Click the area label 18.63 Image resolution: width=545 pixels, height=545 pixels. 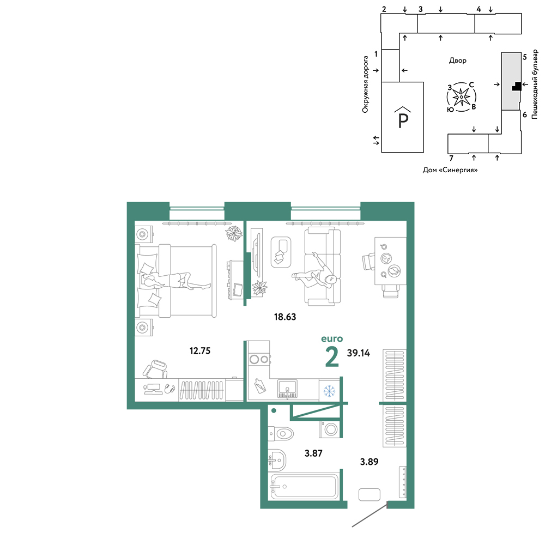(x=285, y=317)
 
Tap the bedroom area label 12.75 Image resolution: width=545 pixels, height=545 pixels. (x=200, y=350)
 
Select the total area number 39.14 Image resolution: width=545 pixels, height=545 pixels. (x=359, y=353)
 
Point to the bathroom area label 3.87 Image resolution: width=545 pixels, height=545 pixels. (x=313, y=453)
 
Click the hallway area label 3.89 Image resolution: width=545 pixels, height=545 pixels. (x=369, y=462)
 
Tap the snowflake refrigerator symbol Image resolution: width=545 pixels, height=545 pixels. (x=329, y=391)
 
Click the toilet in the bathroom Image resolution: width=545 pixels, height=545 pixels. (x=281, y=434)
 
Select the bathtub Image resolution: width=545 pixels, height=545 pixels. (x=304, y=486)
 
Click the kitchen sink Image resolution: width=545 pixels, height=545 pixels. (x=287, y=389)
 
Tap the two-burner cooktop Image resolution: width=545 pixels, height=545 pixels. (x=259, y=359)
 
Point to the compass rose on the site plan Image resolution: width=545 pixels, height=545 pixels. (x=461, y=98)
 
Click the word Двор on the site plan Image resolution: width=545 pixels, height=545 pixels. (x=458, y=60)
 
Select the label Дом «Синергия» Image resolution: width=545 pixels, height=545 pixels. (x=450, y=170)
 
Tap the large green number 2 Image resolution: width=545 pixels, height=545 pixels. (x=332, y=357)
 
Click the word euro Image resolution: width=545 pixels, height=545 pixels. (x=332, y=339)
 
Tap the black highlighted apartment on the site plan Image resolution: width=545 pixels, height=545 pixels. (x=517, y=87)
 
